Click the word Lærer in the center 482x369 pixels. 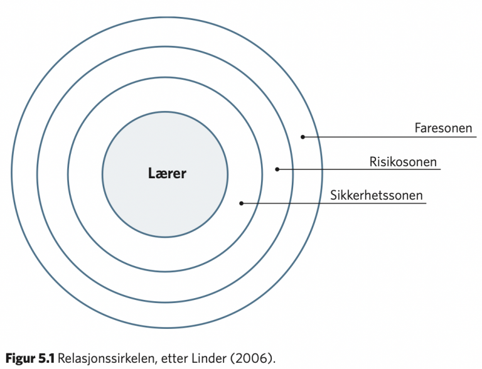click(167, 173)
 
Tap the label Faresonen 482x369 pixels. click(443, 128)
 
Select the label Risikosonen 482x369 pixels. click(403, 162)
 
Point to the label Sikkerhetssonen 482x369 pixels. click(377, 195)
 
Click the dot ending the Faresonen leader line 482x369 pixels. click(303, 137)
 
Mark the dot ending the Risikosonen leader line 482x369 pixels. click(277, 169)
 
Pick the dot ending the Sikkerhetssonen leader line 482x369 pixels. click(241, 203)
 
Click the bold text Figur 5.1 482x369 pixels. click(30, 358)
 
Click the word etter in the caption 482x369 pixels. click(174, 359)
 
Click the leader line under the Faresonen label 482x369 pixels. click(390, 137)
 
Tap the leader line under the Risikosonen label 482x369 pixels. click(359, 169)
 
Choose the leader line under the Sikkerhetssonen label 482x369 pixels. click(334, 203)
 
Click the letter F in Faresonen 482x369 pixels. click(418, 128)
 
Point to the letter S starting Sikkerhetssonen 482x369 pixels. click(334, 195)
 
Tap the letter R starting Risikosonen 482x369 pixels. click(373, 162)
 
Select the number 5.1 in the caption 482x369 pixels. click(46, 358)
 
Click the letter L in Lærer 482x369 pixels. click(151, 173)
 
